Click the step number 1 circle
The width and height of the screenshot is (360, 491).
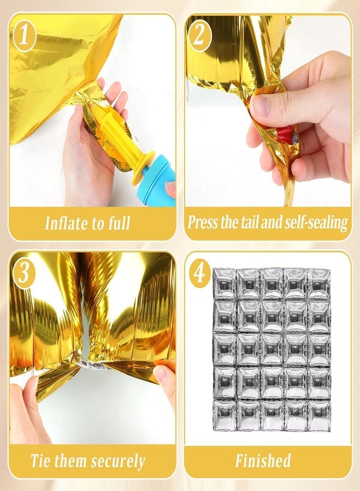[x=25, y=35]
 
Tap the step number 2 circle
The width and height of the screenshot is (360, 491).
[x=200, y=35]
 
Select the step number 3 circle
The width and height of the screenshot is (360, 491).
[x=24, y=273]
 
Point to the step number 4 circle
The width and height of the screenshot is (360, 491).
[x=200, y=272]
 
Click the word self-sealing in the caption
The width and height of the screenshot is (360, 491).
[x=316, y=223]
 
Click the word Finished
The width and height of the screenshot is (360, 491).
[x=263, y=460]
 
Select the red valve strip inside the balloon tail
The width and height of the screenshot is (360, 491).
[x=286, y=135]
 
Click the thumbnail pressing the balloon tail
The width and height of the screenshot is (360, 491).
[x=260, y=106]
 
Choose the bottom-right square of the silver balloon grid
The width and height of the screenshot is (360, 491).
[x=319, y=415]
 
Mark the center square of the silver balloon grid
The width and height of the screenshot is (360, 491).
[x=272, y=350]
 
